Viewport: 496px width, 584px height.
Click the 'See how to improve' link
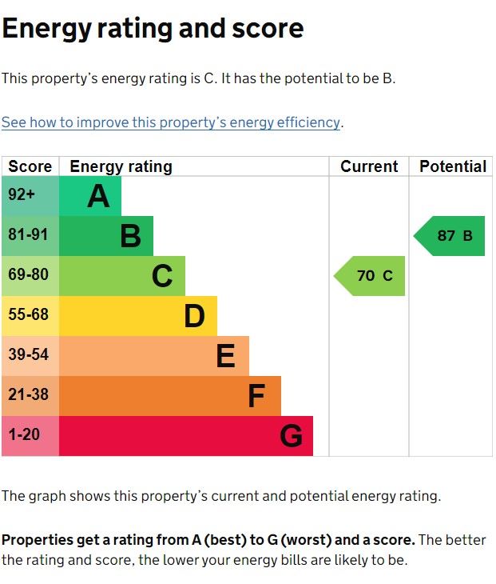pos(171,122)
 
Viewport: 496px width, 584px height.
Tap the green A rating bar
pos(90,196)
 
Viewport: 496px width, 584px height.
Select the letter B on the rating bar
pos(130,236)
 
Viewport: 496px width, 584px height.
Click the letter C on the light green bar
pos(162,276)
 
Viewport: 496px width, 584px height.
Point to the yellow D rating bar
pos(137,316)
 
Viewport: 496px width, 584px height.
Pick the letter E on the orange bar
pos(226,356)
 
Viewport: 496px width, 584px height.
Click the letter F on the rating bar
pos(256,396)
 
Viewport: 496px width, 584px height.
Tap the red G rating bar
pos(185,436)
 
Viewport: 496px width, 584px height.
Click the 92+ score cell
pos(30,196)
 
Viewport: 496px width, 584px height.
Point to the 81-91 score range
pos(30,236)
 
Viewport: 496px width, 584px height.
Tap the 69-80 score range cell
pos(30,276)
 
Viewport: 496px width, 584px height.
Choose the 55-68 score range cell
pos(30,316)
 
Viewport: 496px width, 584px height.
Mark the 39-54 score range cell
pos(30,356)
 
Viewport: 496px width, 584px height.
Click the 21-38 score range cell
pos(30,396)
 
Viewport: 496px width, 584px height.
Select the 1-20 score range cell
pos(30,436)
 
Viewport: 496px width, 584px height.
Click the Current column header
pos(369,166)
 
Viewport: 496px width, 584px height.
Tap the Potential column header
pos(452,166)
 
